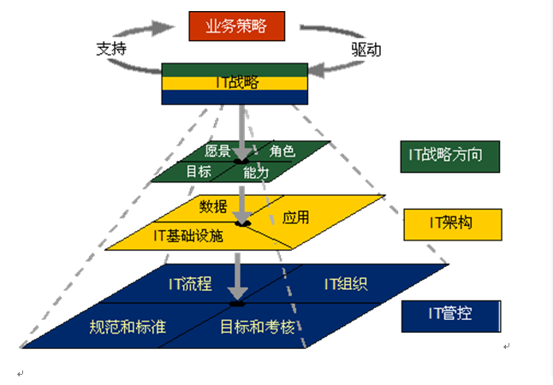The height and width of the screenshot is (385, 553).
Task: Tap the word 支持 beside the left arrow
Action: (112, 49)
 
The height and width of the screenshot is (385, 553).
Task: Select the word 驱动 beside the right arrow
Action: (366, 50)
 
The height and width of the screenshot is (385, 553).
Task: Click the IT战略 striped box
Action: (235, 84)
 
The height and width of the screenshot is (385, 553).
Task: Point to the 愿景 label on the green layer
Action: (217, 151)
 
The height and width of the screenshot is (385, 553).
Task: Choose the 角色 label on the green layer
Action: (282, 151)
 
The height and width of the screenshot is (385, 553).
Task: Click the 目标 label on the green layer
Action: (199, 171)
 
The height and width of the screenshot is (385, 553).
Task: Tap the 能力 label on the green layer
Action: (256, 172)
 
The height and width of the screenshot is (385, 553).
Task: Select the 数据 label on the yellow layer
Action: (213, 206)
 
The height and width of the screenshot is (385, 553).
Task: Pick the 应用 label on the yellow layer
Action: (295, 217)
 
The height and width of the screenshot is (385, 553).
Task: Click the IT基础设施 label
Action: (188, 234)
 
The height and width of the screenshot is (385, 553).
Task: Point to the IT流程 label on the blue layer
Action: (190, 282)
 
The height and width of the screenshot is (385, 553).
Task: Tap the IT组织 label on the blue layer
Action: (346, 282)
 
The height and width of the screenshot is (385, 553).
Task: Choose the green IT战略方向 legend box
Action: (450, 156)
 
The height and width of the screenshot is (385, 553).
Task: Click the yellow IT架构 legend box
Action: (452, 224)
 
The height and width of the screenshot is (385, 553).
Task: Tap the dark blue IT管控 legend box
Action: (450, 315)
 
